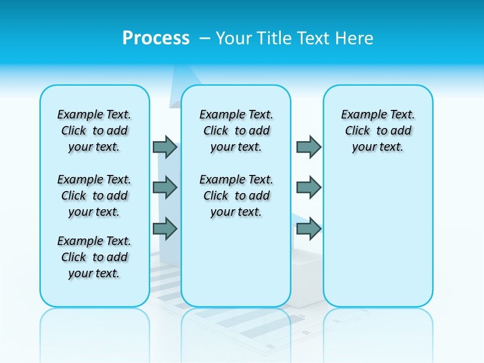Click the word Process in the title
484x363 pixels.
156,38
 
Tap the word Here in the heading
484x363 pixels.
353,38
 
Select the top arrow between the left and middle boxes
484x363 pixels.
165,147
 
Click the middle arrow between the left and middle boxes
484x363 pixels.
165,188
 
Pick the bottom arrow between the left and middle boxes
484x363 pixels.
165,228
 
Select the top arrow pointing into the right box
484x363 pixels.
309,147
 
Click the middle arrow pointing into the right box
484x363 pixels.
309,188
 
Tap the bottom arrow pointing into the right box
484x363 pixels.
309,228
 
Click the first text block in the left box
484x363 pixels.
94,131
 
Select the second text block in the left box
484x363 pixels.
94,196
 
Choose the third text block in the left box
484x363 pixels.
94,257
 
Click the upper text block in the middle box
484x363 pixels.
236,131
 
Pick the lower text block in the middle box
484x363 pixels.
236,196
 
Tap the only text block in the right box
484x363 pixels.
378,131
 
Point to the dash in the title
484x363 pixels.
205,38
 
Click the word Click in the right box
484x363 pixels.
357,131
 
